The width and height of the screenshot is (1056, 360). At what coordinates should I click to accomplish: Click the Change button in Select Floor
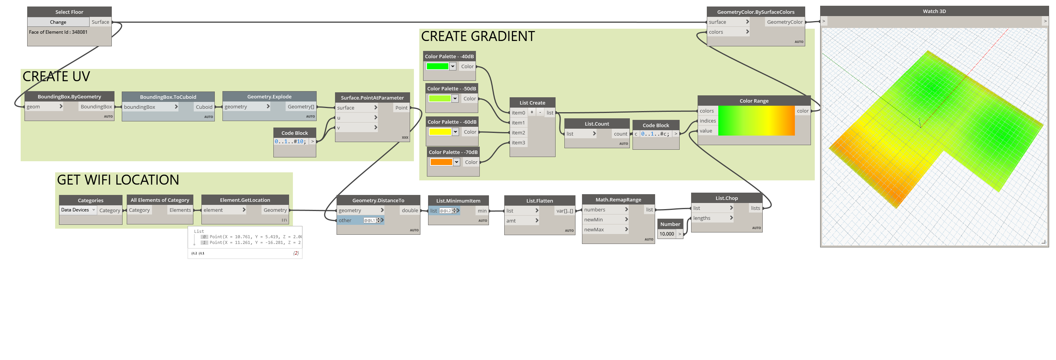(58, 22)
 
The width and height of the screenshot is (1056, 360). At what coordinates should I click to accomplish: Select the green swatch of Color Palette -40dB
(437, 66)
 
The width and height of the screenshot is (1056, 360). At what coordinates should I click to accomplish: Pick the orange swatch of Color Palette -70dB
(441, 162)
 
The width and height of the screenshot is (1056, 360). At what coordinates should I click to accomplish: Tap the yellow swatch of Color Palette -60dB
(440, 132)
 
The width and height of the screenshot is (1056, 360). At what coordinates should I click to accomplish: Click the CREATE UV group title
(56, 77)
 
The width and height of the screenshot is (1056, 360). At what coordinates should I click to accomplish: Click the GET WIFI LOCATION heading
(118, 180)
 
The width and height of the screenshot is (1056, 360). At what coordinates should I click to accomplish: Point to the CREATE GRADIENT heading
(477, 36)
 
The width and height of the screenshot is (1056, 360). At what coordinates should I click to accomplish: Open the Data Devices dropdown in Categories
(78, 210)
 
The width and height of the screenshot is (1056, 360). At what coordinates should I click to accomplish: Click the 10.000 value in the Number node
(667, 234)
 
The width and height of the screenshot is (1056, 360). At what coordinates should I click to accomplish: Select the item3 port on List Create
(518, 143)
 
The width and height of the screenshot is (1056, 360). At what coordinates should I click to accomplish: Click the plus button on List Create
(532, 112)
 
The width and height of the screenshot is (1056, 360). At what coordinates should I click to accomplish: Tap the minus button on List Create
(540, 112)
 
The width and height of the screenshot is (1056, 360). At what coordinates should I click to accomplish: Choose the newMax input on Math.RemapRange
(594, 230)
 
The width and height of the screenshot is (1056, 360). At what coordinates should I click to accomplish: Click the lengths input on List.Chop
(702, 218)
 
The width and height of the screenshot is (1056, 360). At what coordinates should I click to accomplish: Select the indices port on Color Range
(708, 121)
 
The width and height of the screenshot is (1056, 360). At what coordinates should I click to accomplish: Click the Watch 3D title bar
(934, 11)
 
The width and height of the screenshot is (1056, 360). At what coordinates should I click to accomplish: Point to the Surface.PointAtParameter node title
(372, 98)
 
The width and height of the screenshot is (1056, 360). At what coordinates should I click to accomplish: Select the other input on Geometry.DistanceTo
(345, 221)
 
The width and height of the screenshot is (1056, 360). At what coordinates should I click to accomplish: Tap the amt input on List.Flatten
(511, 221)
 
